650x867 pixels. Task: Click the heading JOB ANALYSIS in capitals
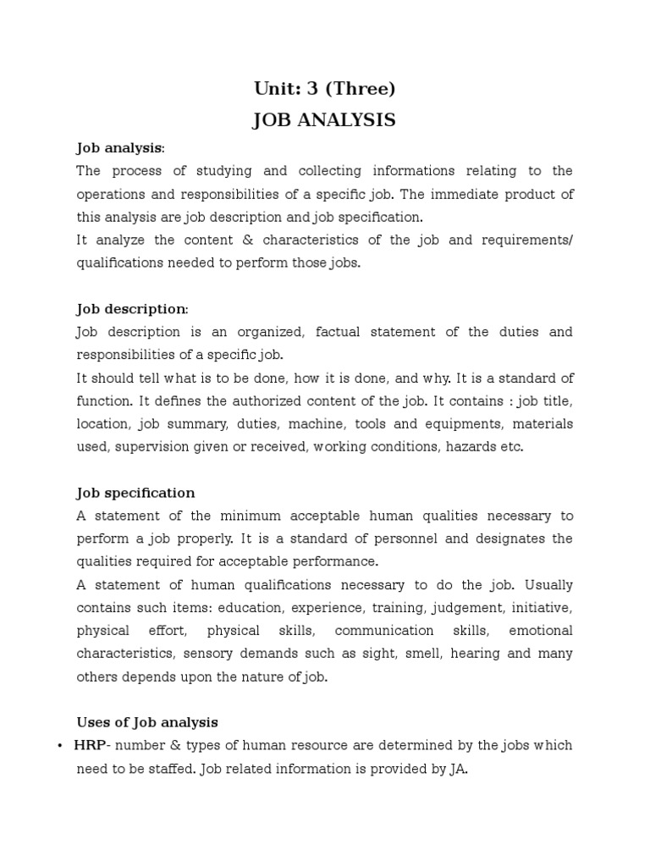324,120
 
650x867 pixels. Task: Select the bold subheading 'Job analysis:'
120,148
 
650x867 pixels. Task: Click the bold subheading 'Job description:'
133,309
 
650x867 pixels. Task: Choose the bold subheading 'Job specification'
135,493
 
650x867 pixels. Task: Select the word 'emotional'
541,631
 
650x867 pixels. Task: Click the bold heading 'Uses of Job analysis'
147,722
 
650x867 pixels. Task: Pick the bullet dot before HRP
60,746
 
